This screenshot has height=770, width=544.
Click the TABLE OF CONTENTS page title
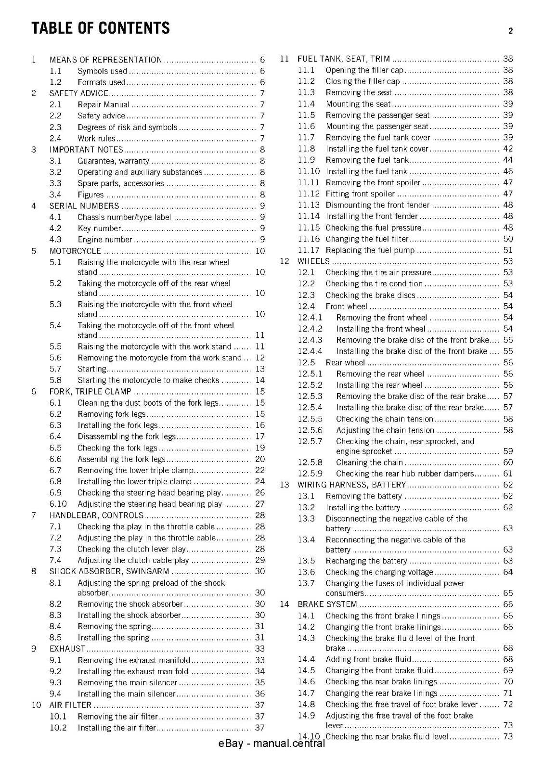101,28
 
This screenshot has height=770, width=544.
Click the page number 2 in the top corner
510,31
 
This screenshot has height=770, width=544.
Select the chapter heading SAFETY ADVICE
79,93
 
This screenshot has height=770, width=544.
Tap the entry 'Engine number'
105,240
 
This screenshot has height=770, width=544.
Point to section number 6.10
58,504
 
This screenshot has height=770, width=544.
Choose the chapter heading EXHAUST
67,649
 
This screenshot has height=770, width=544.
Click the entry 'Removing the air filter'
118,717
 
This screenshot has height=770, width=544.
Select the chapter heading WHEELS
313,261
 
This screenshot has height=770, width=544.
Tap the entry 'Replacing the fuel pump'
370,250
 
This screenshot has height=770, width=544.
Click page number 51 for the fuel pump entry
508,250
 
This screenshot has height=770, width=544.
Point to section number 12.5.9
310,474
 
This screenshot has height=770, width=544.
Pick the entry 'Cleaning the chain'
369,462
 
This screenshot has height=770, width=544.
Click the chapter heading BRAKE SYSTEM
327,604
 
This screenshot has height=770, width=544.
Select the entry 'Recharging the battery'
366,561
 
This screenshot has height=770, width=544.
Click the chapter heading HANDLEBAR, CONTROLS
97,515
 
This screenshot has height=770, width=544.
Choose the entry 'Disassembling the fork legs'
127,436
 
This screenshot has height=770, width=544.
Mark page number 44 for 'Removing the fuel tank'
508,160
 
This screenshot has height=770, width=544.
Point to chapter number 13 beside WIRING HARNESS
284,485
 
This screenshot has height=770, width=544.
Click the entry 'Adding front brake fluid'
368,659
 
